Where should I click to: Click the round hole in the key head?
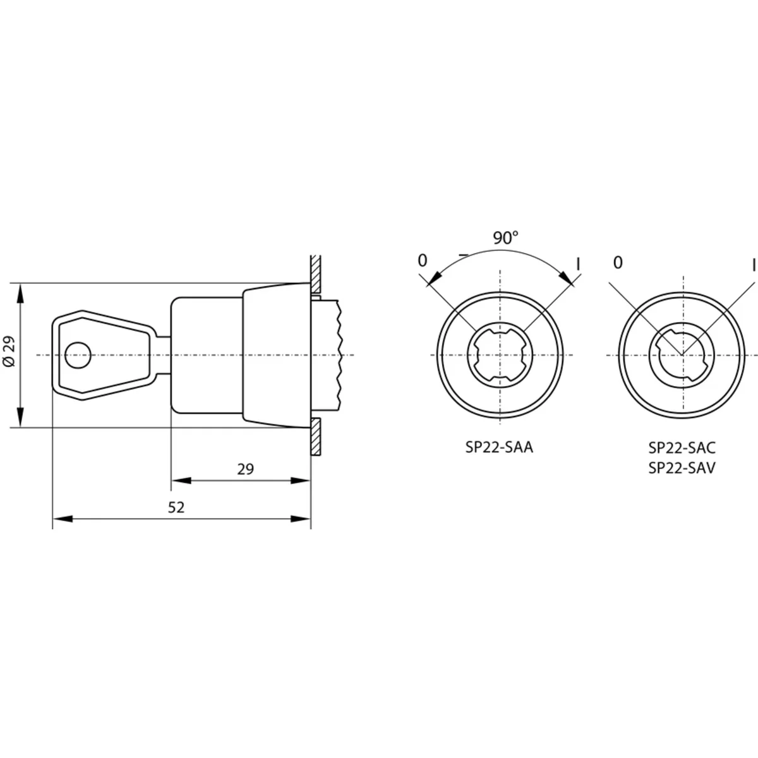pos(78,355)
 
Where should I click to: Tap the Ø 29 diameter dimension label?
pos(9,351)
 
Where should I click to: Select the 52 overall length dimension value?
pos(176,507)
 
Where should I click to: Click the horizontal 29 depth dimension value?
pos(246,469)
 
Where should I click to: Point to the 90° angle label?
pos(506,238)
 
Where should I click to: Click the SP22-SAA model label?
pos(499,447)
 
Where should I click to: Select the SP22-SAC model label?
pos(682,448)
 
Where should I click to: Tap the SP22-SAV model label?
pos(682,467)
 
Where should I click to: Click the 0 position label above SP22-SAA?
pos(423,260)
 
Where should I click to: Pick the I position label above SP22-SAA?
pos(578,264)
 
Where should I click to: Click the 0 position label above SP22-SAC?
pos(618,263)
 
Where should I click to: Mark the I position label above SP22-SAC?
pos(754,265)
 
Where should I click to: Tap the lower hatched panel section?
pos(315,436)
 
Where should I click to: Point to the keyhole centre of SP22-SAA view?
pos(500,355)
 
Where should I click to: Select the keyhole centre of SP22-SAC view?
pos(682,355)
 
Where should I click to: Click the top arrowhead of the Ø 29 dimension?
pos(20,292)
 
